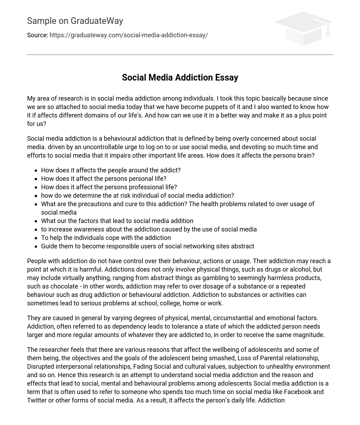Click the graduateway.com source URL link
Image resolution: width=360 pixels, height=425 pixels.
(129, 35)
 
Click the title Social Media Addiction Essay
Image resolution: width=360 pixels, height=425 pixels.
(180, 77)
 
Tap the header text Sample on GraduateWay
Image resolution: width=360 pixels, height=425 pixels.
(75, 21)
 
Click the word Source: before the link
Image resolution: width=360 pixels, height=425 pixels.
(37, 35)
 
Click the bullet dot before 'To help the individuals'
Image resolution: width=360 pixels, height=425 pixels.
(36, 238)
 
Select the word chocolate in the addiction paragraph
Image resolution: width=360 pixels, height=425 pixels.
(57, 286)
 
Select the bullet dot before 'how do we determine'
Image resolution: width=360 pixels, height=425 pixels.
(36, 196)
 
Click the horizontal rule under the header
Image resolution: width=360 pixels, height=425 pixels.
(180, 55)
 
